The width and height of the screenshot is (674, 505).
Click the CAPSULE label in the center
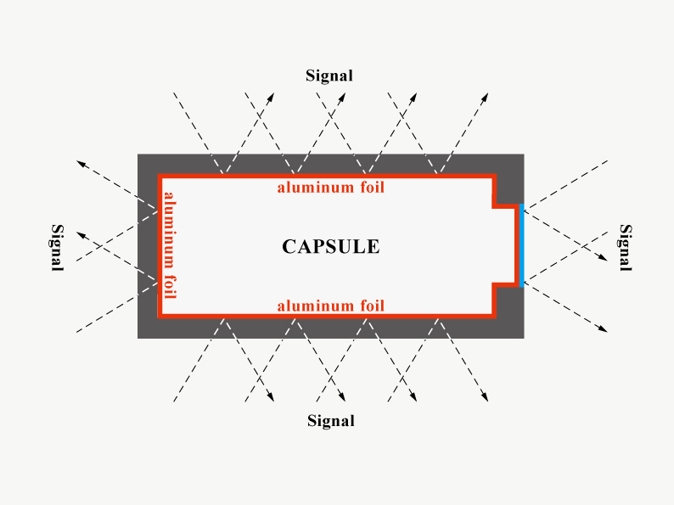coord(330,247)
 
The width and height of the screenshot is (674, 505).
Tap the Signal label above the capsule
coord(329,76)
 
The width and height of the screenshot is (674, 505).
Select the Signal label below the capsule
coord(331,420)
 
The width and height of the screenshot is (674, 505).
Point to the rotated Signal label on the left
coord(58,247)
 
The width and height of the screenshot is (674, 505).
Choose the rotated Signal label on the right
coord(626,247)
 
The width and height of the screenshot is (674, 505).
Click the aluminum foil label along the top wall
coord(330,187)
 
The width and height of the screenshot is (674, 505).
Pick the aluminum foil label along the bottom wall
coord(330,306)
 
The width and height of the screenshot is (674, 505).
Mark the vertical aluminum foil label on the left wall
coord(170,245)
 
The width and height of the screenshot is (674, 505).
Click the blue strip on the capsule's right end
coord(520,246)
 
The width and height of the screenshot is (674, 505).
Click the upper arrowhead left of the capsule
coord(79,161)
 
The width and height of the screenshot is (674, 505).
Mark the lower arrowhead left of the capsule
coord(79,233)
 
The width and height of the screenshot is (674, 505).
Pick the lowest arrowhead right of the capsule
coord(604,329)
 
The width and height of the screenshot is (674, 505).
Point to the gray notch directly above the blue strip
coord(507,191)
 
